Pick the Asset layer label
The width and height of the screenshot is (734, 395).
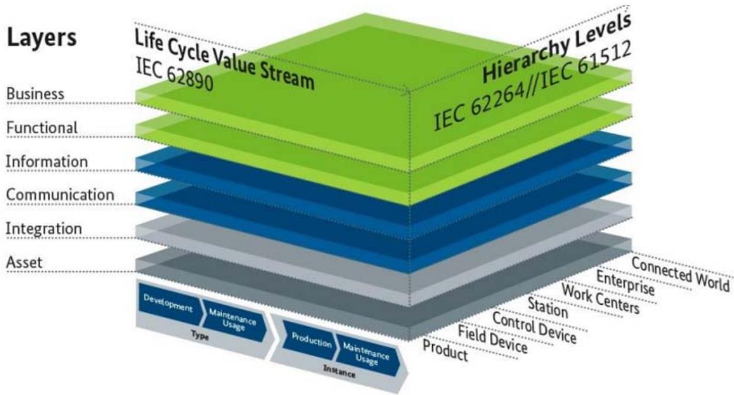click(24, 262)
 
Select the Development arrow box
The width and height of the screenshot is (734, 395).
click(168, 306)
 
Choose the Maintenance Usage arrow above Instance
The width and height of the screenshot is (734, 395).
click(366, 355)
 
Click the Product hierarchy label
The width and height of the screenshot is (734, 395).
click(446, 350)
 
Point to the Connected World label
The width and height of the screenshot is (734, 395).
click(680, 274)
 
